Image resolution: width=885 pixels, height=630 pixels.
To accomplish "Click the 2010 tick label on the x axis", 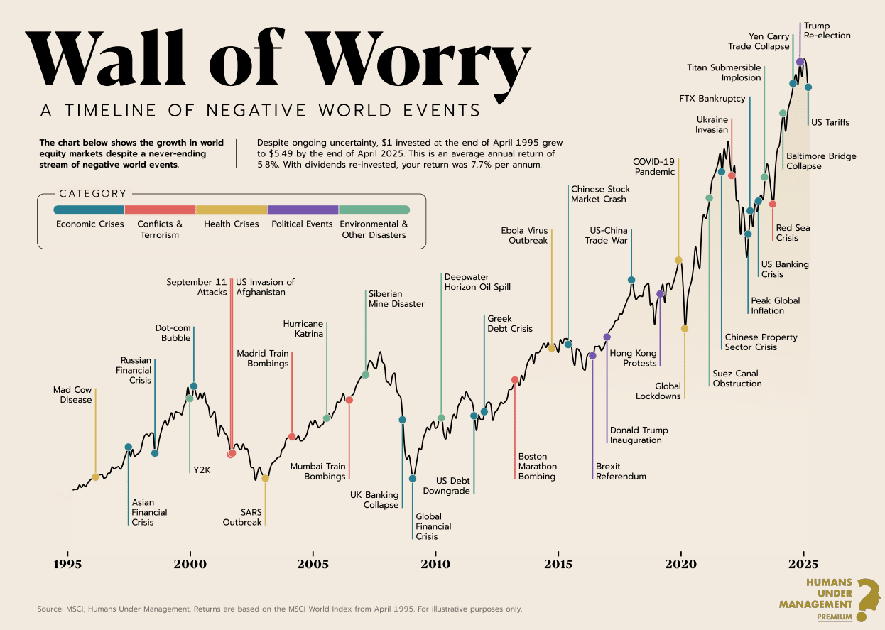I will tap(435, 565).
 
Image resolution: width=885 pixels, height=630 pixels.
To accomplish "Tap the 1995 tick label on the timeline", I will tap(68, 565).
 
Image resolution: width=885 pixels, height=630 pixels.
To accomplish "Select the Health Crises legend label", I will tap(231, 224).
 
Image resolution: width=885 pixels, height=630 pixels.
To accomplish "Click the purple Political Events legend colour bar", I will tap(303, 210).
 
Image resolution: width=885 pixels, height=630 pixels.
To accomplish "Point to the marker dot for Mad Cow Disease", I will tap(95, 477).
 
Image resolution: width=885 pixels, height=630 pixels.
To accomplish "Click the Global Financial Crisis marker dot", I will tap(413, 478).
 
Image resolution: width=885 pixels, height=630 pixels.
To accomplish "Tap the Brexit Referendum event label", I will tap(621, 472).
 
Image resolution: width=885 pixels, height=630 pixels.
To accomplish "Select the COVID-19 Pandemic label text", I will tap(654, 167).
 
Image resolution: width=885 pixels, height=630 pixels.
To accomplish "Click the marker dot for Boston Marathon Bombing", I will tap(515, 380).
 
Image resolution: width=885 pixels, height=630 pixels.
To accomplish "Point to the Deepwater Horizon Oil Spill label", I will tap(477, 282).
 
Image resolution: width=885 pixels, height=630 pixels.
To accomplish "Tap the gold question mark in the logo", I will tap(867, 599).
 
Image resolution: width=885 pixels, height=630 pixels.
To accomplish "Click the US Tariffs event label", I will tap(830, 123).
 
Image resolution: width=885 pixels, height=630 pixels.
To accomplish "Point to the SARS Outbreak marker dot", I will tap(265, 478).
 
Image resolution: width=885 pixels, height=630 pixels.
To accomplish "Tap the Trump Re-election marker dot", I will tap(800, 63).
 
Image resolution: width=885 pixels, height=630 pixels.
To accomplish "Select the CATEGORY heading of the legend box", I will tap(93, 193).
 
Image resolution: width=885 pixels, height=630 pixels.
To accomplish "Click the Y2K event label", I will tap(202, 469).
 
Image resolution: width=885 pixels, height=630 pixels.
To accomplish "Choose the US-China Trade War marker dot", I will tap(631, 280).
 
